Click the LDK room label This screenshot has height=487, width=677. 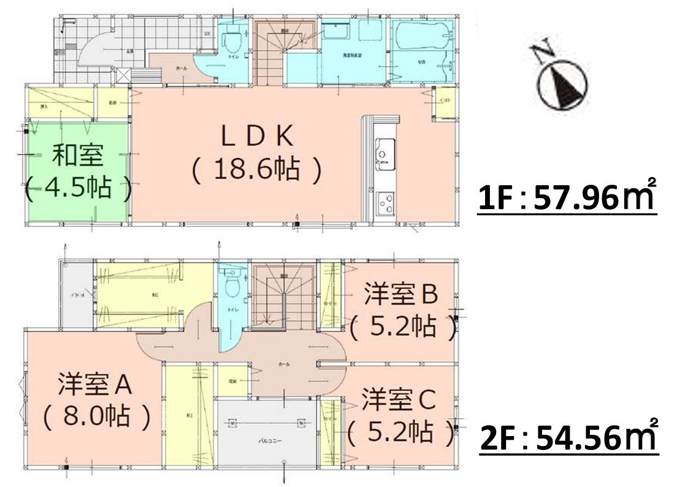click(257, 137)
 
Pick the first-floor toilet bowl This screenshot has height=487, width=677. click(232, 42)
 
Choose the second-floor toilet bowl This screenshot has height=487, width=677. click(232, 286)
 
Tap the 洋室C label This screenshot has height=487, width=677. click(399, 400)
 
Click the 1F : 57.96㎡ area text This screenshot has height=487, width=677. click(567, 199)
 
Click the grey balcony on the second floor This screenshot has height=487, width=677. click(267, 429)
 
